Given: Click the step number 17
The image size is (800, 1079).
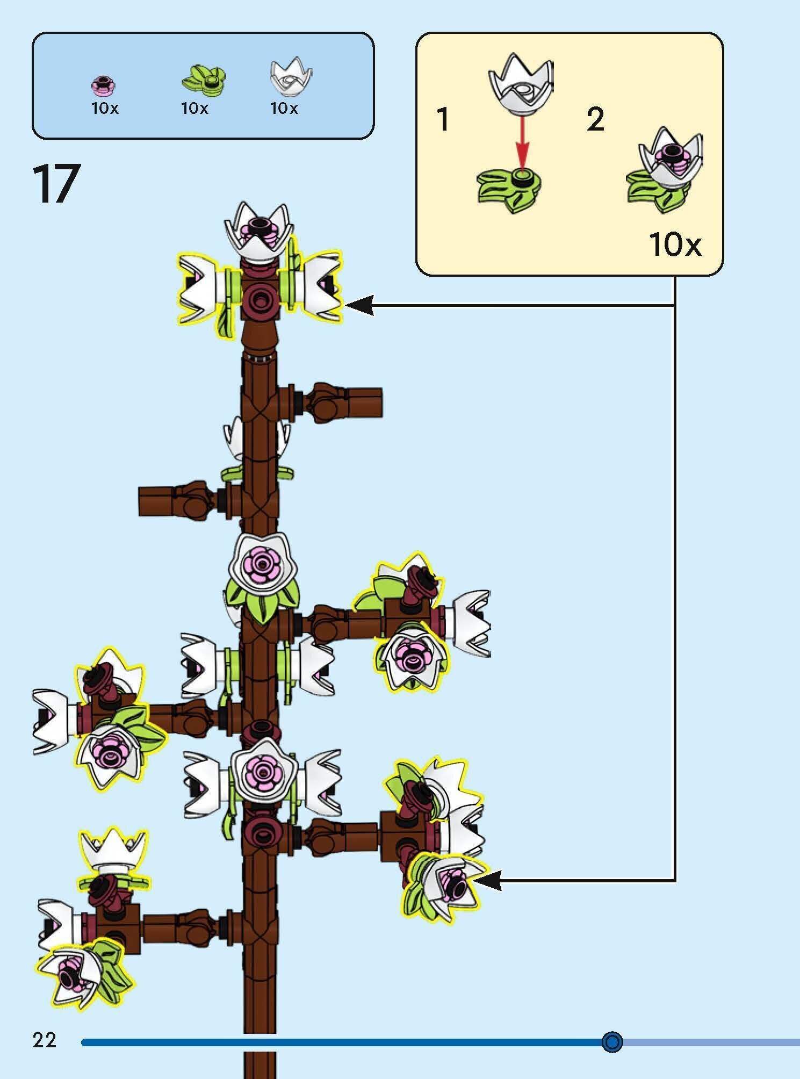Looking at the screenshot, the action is pos(57,184).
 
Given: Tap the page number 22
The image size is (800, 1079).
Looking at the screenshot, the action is pos(45,1040).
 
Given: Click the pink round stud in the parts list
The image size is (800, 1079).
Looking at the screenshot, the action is pos(104,85).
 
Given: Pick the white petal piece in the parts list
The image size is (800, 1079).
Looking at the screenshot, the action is pos(291,77).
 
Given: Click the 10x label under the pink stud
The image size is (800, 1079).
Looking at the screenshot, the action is pos(105,109).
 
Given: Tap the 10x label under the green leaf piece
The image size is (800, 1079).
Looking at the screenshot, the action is pos(194,109).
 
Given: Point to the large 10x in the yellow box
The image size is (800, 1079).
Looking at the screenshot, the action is pos(675,244).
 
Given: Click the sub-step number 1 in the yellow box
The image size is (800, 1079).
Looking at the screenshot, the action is pos(443,119).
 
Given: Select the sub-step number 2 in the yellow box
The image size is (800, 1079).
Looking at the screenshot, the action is pos(595,119).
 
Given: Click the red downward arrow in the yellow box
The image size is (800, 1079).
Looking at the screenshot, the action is pos(522,142).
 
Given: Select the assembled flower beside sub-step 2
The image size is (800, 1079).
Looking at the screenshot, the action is pos(665,169).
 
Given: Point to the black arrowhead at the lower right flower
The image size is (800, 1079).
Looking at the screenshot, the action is pos(487,880).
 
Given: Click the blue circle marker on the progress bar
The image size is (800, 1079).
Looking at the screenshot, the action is pos(612,1041).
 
